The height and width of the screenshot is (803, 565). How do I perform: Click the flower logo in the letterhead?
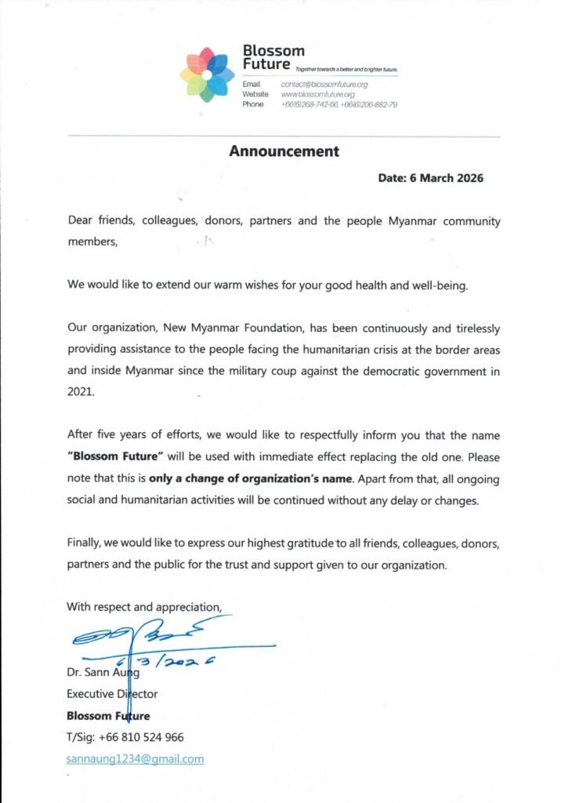click(x=208, y=75)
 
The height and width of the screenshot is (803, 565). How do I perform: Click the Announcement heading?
click(x=284, y=151)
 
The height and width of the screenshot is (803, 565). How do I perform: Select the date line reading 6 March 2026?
click(x=430, y=178)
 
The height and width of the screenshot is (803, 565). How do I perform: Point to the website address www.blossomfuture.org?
click(x=318, y=94)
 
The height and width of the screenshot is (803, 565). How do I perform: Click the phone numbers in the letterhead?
click(x=339, y=104)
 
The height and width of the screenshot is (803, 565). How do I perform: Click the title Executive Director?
click(x=112, y=694)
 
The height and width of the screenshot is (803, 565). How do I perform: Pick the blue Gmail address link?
click(x=135, y=758)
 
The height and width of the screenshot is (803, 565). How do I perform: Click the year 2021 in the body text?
click(x=80, y=392)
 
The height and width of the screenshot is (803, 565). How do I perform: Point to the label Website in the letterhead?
click(x=256, y=94)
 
